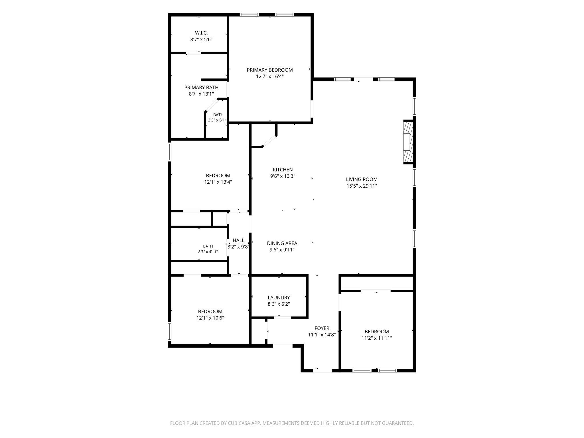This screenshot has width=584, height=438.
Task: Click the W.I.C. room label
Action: click(x=201, y=33)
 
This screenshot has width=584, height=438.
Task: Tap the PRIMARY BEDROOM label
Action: click(x=270, y=70)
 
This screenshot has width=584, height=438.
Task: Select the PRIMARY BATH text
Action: click(x=201, y=88)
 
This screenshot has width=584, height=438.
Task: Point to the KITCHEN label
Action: click(x=283, y=170)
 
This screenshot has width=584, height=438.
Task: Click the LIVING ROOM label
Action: click(x=362, y=179)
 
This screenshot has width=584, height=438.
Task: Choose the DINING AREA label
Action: click(x=282, y=243)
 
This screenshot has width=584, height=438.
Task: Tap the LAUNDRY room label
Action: click(x=279, y=298)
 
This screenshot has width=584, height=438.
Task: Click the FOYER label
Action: click(x=322, y=328)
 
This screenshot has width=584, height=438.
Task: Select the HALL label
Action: click(x=238, y=240)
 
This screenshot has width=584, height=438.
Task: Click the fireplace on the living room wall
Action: click(x=408, y=142)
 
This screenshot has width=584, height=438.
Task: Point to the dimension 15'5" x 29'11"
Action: click(x=362, y=186)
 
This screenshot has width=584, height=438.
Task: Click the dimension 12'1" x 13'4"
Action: click(x=218, y=182)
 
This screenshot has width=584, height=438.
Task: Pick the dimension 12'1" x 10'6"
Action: click(x=210, y=318)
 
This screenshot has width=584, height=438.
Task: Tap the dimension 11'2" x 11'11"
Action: click(x=377, y=338)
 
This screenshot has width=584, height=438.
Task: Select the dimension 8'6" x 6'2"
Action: click(x=279, y=304)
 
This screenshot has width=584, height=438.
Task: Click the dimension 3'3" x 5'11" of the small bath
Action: click(x=218, y=120)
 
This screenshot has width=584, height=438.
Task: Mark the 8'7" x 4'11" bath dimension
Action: click(x=208, y=252)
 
